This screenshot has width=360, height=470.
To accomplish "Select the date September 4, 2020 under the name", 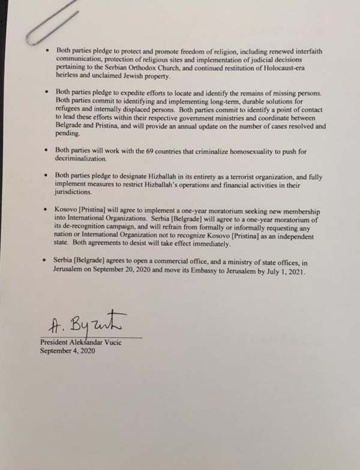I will [67, 350].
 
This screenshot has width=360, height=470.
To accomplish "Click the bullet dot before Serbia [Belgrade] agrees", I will [46, 262].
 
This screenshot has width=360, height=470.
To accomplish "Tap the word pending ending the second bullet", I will [70, 135].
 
